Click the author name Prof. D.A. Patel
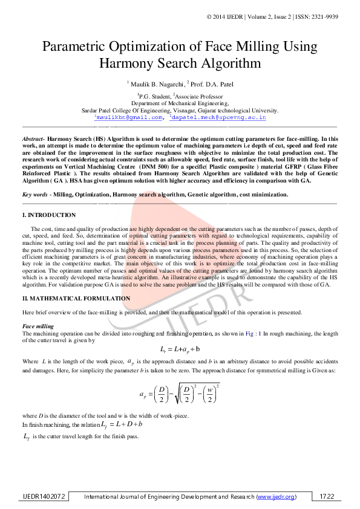(212, 83)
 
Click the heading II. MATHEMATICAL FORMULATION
(76, 299)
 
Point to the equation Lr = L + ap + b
(180, 349)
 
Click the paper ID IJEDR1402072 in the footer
(42, 496)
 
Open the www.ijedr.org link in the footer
(276, 496)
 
